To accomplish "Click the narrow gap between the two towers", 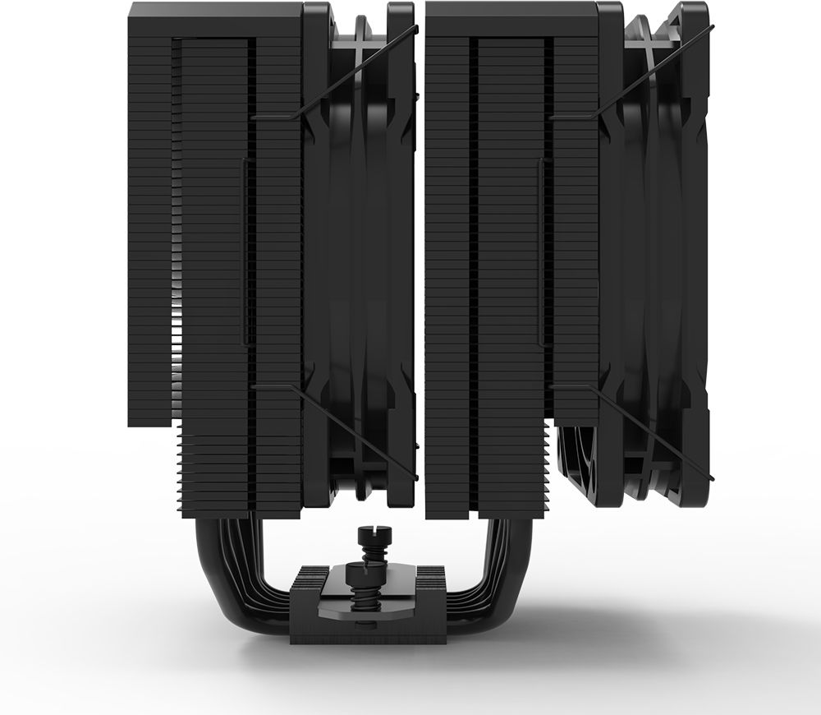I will [420, 247].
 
